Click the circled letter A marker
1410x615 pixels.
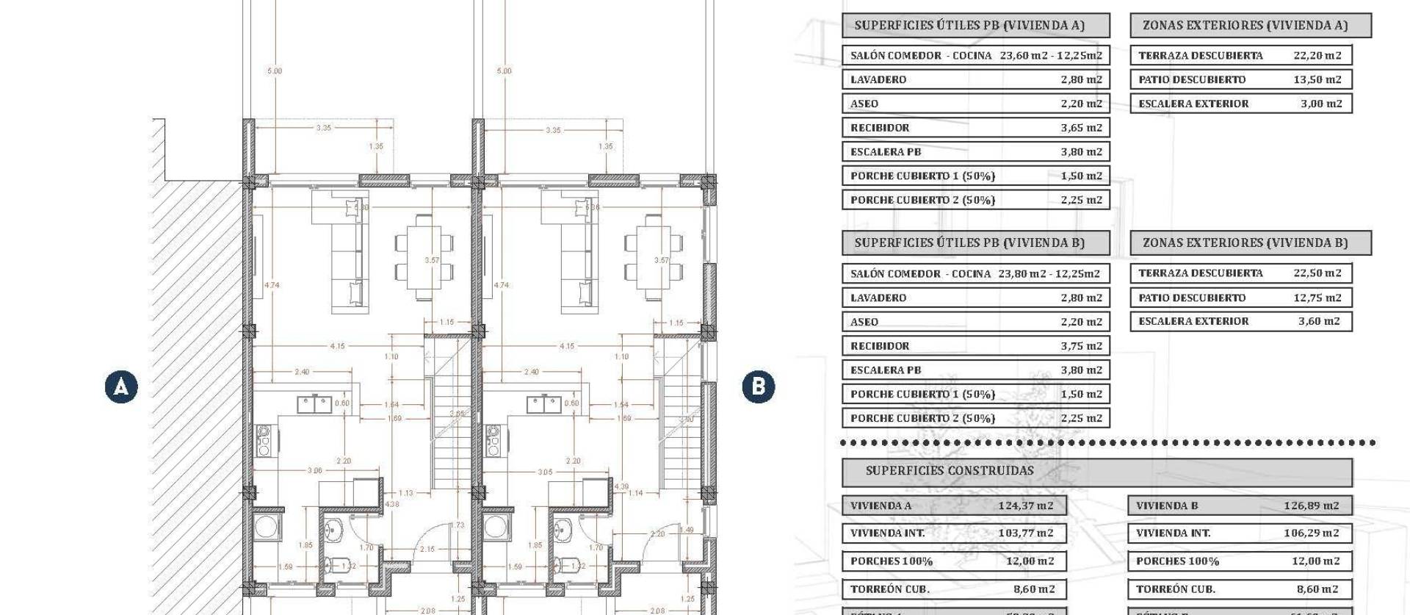121,386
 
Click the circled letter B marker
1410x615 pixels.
758,386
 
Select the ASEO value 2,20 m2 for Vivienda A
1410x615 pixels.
1081,104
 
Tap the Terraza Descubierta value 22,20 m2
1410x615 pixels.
1317,55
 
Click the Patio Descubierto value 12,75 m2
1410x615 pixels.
1317,298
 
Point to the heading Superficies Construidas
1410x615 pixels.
949,471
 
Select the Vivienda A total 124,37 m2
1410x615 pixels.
1025,506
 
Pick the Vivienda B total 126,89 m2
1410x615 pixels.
1311,506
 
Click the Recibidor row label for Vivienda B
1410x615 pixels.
880,346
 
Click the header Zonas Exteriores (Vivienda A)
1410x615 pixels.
1245,25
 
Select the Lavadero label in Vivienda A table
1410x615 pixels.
878,79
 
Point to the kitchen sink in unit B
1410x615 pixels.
544,403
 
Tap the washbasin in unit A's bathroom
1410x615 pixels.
334,528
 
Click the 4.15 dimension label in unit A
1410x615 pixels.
337,346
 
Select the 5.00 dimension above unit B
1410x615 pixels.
504,71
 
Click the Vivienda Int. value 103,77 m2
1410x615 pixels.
1025,533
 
